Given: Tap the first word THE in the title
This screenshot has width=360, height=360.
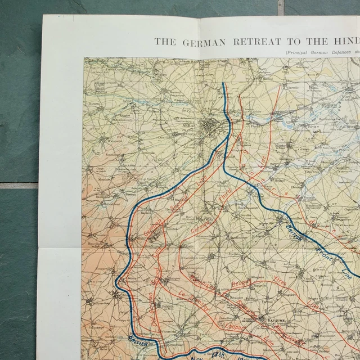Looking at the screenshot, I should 165,40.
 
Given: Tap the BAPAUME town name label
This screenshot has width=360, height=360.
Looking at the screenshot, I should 272,319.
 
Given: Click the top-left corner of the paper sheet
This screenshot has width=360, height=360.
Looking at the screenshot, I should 43,15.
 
